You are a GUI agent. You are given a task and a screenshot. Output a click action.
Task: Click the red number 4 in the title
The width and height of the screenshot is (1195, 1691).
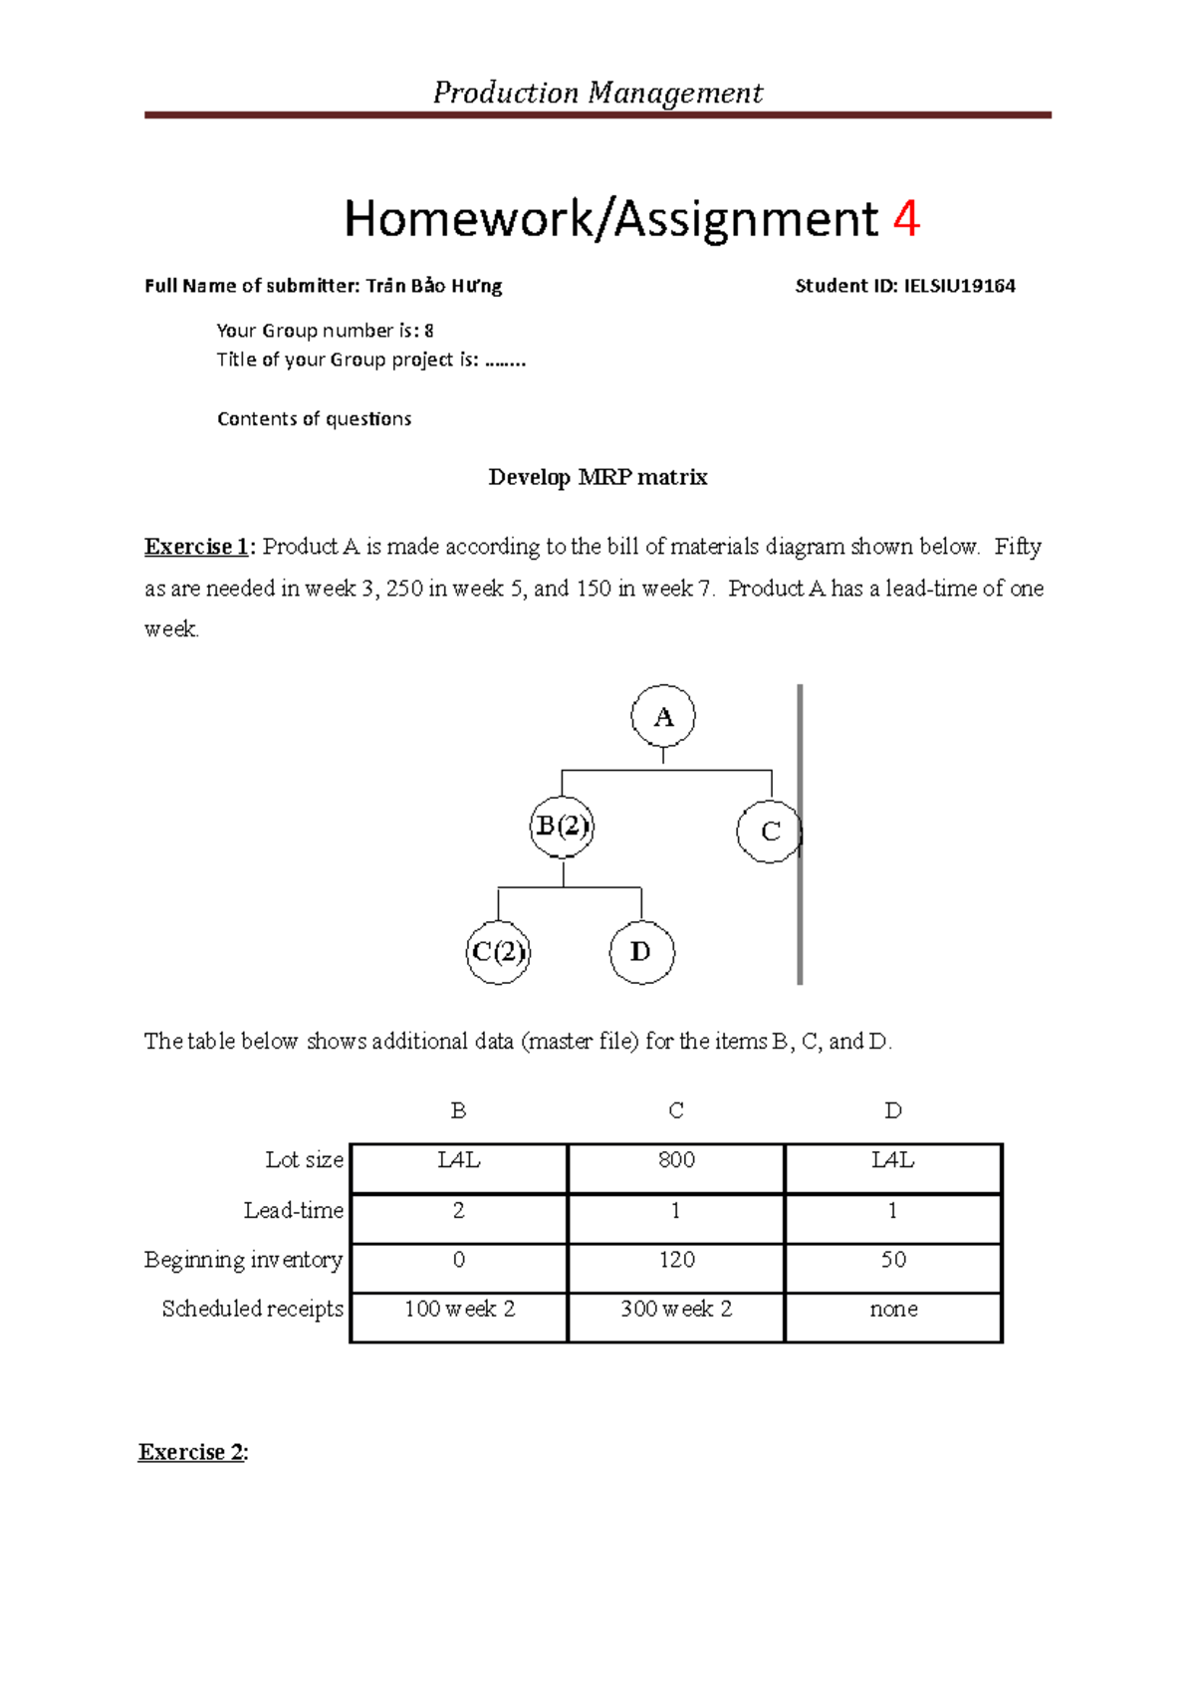click(905, 219)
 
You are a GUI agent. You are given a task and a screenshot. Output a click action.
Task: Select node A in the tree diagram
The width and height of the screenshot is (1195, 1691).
click(663, 717)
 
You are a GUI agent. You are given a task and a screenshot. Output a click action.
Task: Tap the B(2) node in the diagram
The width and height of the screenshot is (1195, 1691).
click(563, 827)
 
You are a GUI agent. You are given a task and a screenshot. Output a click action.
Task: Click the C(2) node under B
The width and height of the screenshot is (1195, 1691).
click(498, 953)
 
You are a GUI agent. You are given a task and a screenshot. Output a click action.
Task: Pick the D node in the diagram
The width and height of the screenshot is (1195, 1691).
click(641, 953)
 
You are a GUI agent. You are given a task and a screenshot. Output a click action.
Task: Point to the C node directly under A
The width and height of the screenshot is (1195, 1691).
click(770, 832)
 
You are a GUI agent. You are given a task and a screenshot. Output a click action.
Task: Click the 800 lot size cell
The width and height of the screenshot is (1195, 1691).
click(676, 1160)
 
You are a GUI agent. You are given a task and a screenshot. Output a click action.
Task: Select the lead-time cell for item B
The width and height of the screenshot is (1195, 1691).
click(459, 1211)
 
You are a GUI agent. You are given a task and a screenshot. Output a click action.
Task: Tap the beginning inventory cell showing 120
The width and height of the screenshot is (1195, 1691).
click(676, 1260)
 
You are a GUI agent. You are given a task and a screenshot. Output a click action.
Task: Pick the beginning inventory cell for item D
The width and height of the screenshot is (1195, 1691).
click(893, 1260)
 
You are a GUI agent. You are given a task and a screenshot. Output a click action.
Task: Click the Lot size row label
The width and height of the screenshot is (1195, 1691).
click(304, 1160)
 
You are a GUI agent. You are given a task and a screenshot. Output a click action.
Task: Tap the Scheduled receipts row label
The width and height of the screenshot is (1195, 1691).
click(252, 1309)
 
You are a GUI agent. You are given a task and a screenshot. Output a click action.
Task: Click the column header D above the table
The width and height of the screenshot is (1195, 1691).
click(893, 1111)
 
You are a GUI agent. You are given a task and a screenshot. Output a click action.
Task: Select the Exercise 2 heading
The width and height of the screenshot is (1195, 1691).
click(193, 1452)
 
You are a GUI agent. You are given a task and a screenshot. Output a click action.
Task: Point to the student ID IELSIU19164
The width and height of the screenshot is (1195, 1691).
click(959, 287)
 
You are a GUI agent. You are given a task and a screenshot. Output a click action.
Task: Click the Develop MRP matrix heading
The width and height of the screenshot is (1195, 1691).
click(597, 478)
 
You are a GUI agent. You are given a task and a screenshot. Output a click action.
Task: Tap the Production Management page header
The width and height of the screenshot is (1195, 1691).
click(597, 93)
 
